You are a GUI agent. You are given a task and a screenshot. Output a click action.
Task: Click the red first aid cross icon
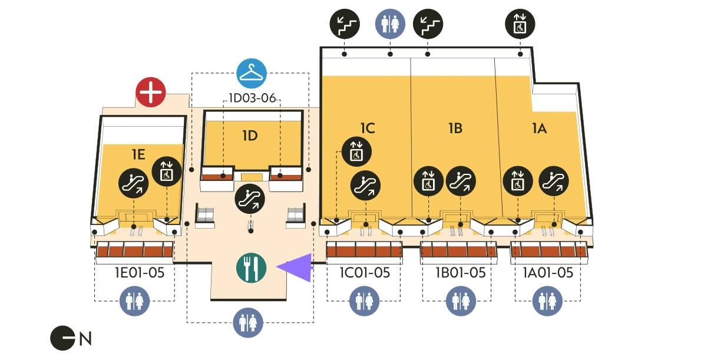click(x=151, y=93)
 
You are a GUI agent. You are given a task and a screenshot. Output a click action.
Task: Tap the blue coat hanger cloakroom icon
click(x=252, y=74)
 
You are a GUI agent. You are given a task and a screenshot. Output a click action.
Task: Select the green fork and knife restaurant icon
click(x=252, y=268)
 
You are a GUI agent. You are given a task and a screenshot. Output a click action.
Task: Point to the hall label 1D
click(x=250, y=136)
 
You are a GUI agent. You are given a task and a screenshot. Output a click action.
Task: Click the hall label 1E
click(x=138, y=154)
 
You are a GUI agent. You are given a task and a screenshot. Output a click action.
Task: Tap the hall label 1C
click(x=368, y=128)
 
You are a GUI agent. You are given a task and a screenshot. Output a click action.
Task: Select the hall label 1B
click(x=455, y=128)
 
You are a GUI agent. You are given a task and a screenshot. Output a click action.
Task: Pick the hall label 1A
click(x=539, y=128)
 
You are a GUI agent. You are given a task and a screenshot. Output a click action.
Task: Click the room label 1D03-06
click(x=252, y=98)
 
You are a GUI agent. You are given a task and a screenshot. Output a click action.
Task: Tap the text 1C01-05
click(x=365, y=273)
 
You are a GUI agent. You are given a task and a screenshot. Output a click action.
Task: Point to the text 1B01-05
click(x=460, y=273)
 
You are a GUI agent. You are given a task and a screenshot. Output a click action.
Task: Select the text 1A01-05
click(x=548, y=273)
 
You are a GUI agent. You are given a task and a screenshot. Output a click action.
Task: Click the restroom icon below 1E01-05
click(x=135, y=302)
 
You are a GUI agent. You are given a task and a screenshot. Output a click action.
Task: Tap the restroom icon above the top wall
click(x=390, y=24)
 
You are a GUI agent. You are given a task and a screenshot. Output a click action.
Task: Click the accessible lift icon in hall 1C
click(x=356, y=152)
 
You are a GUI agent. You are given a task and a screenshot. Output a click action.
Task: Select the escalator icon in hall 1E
click(x=133, y=183)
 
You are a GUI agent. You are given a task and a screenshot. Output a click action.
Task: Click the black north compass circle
click(x=63, y=338)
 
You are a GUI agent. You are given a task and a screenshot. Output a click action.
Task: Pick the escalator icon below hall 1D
click(x=250, y=199)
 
